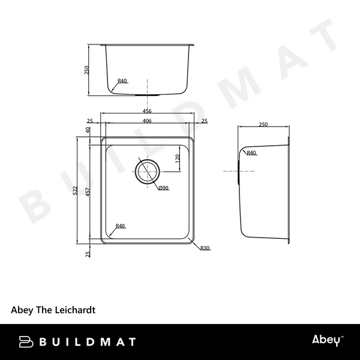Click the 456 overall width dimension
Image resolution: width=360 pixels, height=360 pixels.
click(146, 111)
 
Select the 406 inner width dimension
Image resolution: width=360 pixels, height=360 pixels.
click(146, 121)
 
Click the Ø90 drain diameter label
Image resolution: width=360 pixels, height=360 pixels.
click(164, 188)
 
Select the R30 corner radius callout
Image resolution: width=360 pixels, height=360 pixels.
click(205, 248)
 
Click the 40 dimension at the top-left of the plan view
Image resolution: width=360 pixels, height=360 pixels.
click(88, 130)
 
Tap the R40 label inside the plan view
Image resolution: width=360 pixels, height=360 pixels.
click(120, 226)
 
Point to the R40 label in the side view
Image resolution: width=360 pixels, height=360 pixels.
click(251, 153)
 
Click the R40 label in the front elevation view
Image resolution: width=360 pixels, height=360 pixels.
click(122, 80)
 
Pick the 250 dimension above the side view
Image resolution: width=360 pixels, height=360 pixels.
click(263, 124)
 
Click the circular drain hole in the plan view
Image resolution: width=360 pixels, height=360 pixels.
click(146, 172)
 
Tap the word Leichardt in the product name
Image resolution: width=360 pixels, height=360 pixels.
click(74, 311)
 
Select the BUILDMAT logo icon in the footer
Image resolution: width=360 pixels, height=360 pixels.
click(26, 341)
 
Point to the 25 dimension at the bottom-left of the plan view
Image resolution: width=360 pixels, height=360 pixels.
click(88, 254)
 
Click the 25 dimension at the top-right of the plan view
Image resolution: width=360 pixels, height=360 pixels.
click(205, 121)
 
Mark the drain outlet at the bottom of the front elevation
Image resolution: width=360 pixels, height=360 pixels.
click(146, 94)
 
